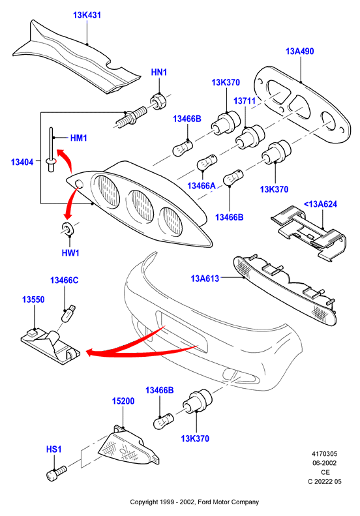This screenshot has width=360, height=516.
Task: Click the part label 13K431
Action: (x=87, y=15)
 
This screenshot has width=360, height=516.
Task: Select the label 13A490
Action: (x=300, y=52)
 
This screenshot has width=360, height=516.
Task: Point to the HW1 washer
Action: (x=68, y=228)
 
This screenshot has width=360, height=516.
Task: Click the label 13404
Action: (x=22, y=162)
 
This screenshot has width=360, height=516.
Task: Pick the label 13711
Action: (x=245, y=101)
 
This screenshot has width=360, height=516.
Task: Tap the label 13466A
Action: (x=202, y=186)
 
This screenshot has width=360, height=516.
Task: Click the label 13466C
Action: (x=65, y=281)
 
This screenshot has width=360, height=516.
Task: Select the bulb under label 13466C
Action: (x=68, y=313)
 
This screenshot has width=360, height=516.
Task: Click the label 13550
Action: (x=33, y=300)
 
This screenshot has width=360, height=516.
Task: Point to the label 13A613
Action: (x=205, y=279)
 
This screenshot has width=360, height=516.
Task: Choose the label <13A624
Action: (x=320, y=204)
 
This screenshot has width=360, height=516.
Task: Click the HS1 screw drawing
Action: (x=57, y=473)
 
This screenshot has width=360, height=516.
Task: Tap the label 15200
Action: (x=123, y=401)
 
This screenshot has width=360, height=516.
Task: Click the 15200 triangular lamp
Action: (x=128, y=446)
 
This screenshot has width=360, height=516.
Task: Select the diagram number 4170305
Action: (x=325, y=454)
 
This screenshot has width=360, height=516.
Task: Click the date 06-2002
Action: (x=325, y=463)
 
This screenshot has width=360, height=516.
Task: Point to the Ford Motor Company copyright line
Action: (x=194, y=502)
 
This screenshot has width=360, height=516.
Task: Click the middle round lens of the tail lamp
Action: (x=140, y=207)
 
